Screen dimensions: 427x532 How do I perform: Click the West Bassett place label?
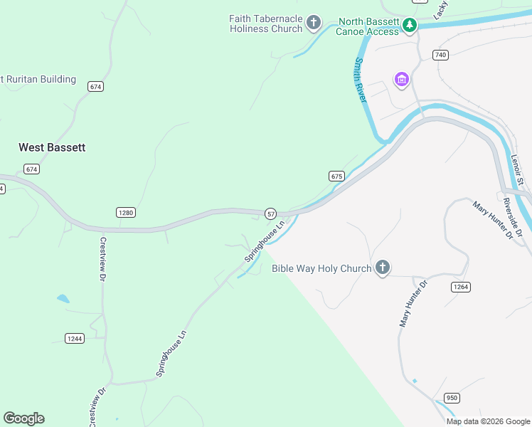[x=52, y=147]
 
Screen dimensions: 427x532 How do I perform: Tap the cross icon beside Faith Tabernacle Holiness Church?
[x=313, y=23]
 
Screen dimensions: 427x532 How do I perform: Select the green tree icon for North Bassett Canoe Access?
[x=409, y=26]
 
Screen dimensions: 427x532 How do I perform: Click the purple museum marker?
[x=402, y=78]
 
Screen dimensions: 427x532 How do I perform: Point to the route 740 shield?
[x=441, y=55]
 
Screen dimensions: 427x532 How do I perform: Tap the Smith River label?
[x=359, y=80]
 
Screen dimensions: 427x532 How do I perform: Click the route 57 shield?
[x=270, y=213]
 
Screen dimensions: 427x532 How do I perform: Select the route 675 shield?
[x=337, y=176]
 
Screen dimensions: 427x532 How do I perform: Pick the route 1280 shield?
[x=125, y=212]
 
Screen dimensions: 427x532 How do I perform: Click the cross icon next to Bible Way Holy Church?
[x=383, y=268]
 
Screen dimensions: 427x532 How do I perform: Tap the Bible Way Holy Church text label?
[x=321, y=268]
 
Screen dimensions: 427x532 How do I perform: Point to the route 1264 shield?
[x=460, y=286]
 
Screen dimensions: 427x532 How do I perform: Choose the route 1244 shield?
[x=74, y=338]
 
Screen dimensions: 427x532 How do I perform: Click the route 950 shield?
[x=452, y=397]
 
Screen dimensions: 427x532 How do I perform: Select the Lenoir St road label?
[x=517, y=172]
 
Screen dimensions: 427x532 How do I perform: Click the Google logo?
[x=23, y=418]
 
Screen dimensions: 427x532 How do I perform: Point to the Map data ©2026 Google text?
[x=488, y=421]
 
